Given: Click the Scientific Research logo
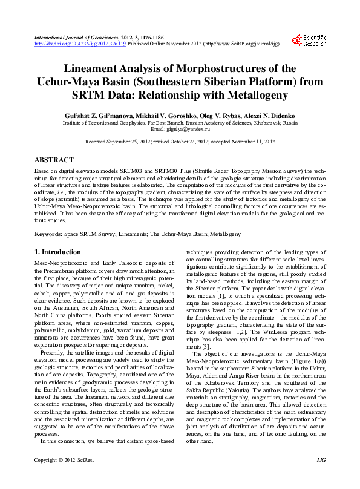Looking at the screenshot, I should (x=309, y=41).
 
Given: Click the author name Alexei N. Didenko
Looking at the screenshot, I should (x=270, y=114).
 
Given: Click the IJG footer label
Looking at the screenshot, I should (x=321, y=478).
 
